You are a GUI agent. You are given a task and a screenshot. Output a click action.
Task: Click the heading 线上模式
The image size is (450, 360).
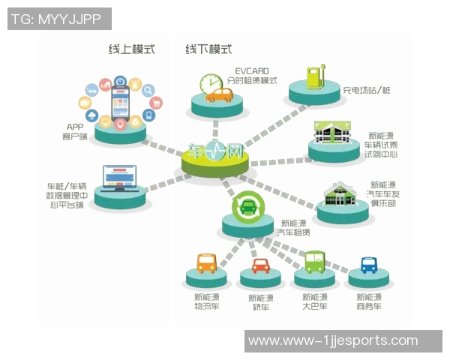click(x=131, y=49)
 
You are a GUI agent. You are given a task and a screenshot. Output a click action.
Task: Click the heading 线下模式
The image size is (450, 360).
click(x=208, y=49)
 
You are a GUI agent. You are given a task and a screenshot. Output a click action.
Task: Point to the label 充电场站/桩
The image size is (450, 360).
click(x=365, y=91)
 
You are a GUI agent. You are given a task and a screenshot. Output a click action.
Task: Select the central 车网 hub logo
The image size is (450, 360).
click(x=215, y=152)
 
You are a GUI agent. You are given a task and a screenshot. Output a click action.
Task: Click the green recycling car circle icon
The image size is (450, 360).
click(x=247, y=206)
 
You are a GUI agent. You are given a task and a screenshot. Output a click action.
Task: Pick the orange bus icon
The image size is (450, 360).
click(x=207, y=263)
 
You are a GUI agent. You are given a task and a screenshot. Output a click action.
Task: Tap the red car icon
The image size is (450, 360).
click(x=260, y=265)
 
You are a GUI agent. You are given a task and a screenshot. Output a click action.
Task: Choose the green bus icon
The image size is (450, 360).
click(x=314, y=262)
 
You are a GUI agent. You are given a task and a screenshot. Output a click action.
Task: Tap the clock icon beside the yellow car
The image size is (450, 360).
click(x=211, y=84)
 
